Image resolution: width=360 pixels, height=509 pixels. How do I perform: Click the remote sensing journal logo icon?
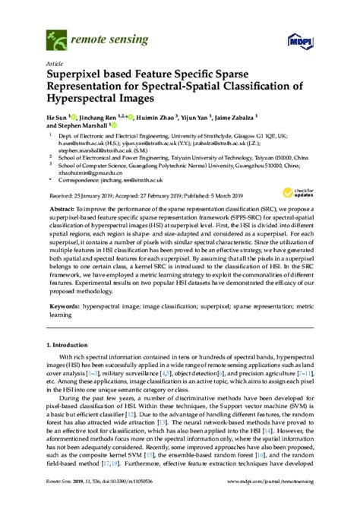(57, 34)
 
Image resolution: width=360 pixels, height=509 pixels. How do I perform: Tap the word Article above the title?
(55, 65)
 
